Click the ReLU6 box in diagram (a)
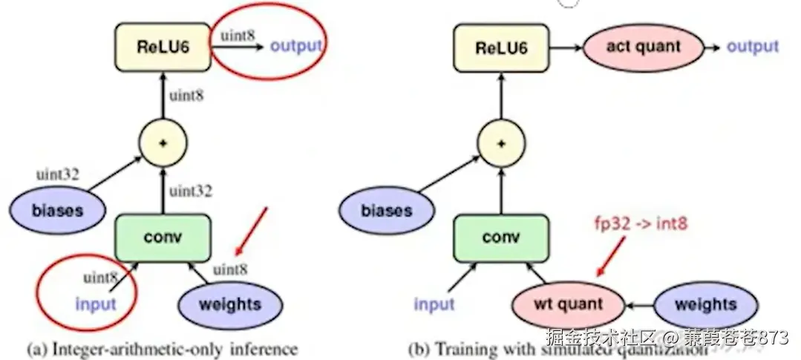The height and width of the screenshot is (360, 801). pyautogui.click(x=163, y=46)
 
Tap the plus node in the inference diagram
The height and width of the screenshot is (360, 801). pyautogui.click(x=163, y=141)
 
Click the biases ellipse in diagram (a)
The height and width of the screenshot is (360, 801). pyautogui.click(x=57, y=209)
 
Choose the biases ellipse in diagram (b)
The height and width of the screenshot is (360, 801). pyautogui.click(x=386, y=210)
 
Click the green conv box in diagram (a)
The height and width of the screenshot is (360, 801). pyautogui.click(x=164, y=238)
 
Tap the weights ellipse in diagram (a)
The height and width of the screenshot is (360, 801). pyautogui.click(x=230, y=304)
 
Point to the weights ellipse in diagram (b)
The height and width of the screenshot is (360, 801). pyautogui.click(x=705, y=304)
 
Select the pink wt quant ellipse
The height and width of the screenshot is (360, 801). pyautogui.click(x=568, y=304)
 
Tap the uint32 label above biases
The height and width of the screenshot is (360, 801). pyautogui.click(x=58, y=175)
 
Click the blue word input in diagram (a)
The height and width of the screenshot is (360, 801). pyautogui.click(x=96, y=304)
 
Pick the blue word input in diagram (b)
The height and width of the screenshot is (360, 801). pyautogui.click(x=434, y=304)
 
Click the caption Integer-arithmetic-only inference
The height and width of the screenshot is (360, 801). pyautogui.click(x=162, y=348)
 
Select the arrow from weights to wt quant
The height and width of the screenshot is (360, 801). pyautogui.click(x=638, y=304)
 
